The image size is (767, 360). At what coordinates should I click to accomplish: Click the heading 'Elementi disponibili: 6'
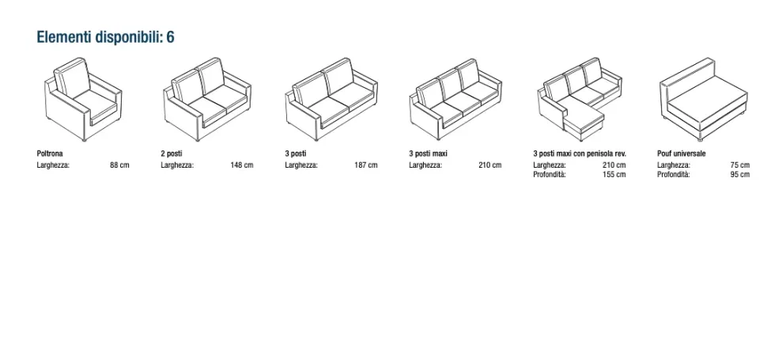105,37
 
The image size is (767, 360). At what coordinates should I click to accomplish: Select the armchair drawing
83,99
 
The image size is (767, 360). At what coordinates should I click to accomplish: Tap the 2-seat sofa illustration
207,99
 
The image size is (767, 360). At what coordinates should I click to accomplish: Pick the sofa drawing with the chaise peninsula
580,99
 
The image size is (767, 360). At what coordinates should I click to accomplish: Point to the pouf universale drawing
704,99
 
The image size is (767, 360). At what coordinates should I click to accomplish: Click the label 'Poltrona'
50,153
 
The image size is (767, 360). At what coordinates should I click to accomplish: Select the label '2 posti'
172,153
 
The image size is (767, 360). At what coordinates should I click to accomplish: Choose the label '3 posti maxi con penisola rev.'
580,153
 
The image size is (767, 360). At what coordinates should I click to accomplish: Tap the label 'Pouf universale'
682,153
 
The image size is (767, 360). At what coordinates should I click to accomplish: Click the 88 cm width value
120,165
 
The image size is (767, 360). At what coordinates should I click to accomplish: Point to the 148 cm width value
242,165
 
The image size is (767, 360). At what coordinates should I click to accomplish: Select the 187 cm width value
366,165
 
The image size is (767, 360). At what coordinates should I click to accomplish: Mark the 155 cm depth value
614,175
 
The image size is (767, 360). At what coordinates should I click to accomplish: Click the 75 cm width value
740,165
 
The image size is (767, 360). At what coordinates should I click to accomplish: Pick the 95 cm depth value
740,175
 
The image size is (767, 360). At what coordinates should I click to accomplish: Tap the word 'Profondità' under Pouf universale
674,175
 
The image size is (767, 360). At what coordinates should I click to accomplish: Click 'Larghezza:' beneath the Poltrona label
53,165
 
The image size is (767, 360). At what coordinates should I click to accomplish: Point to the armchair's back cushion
73,78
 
